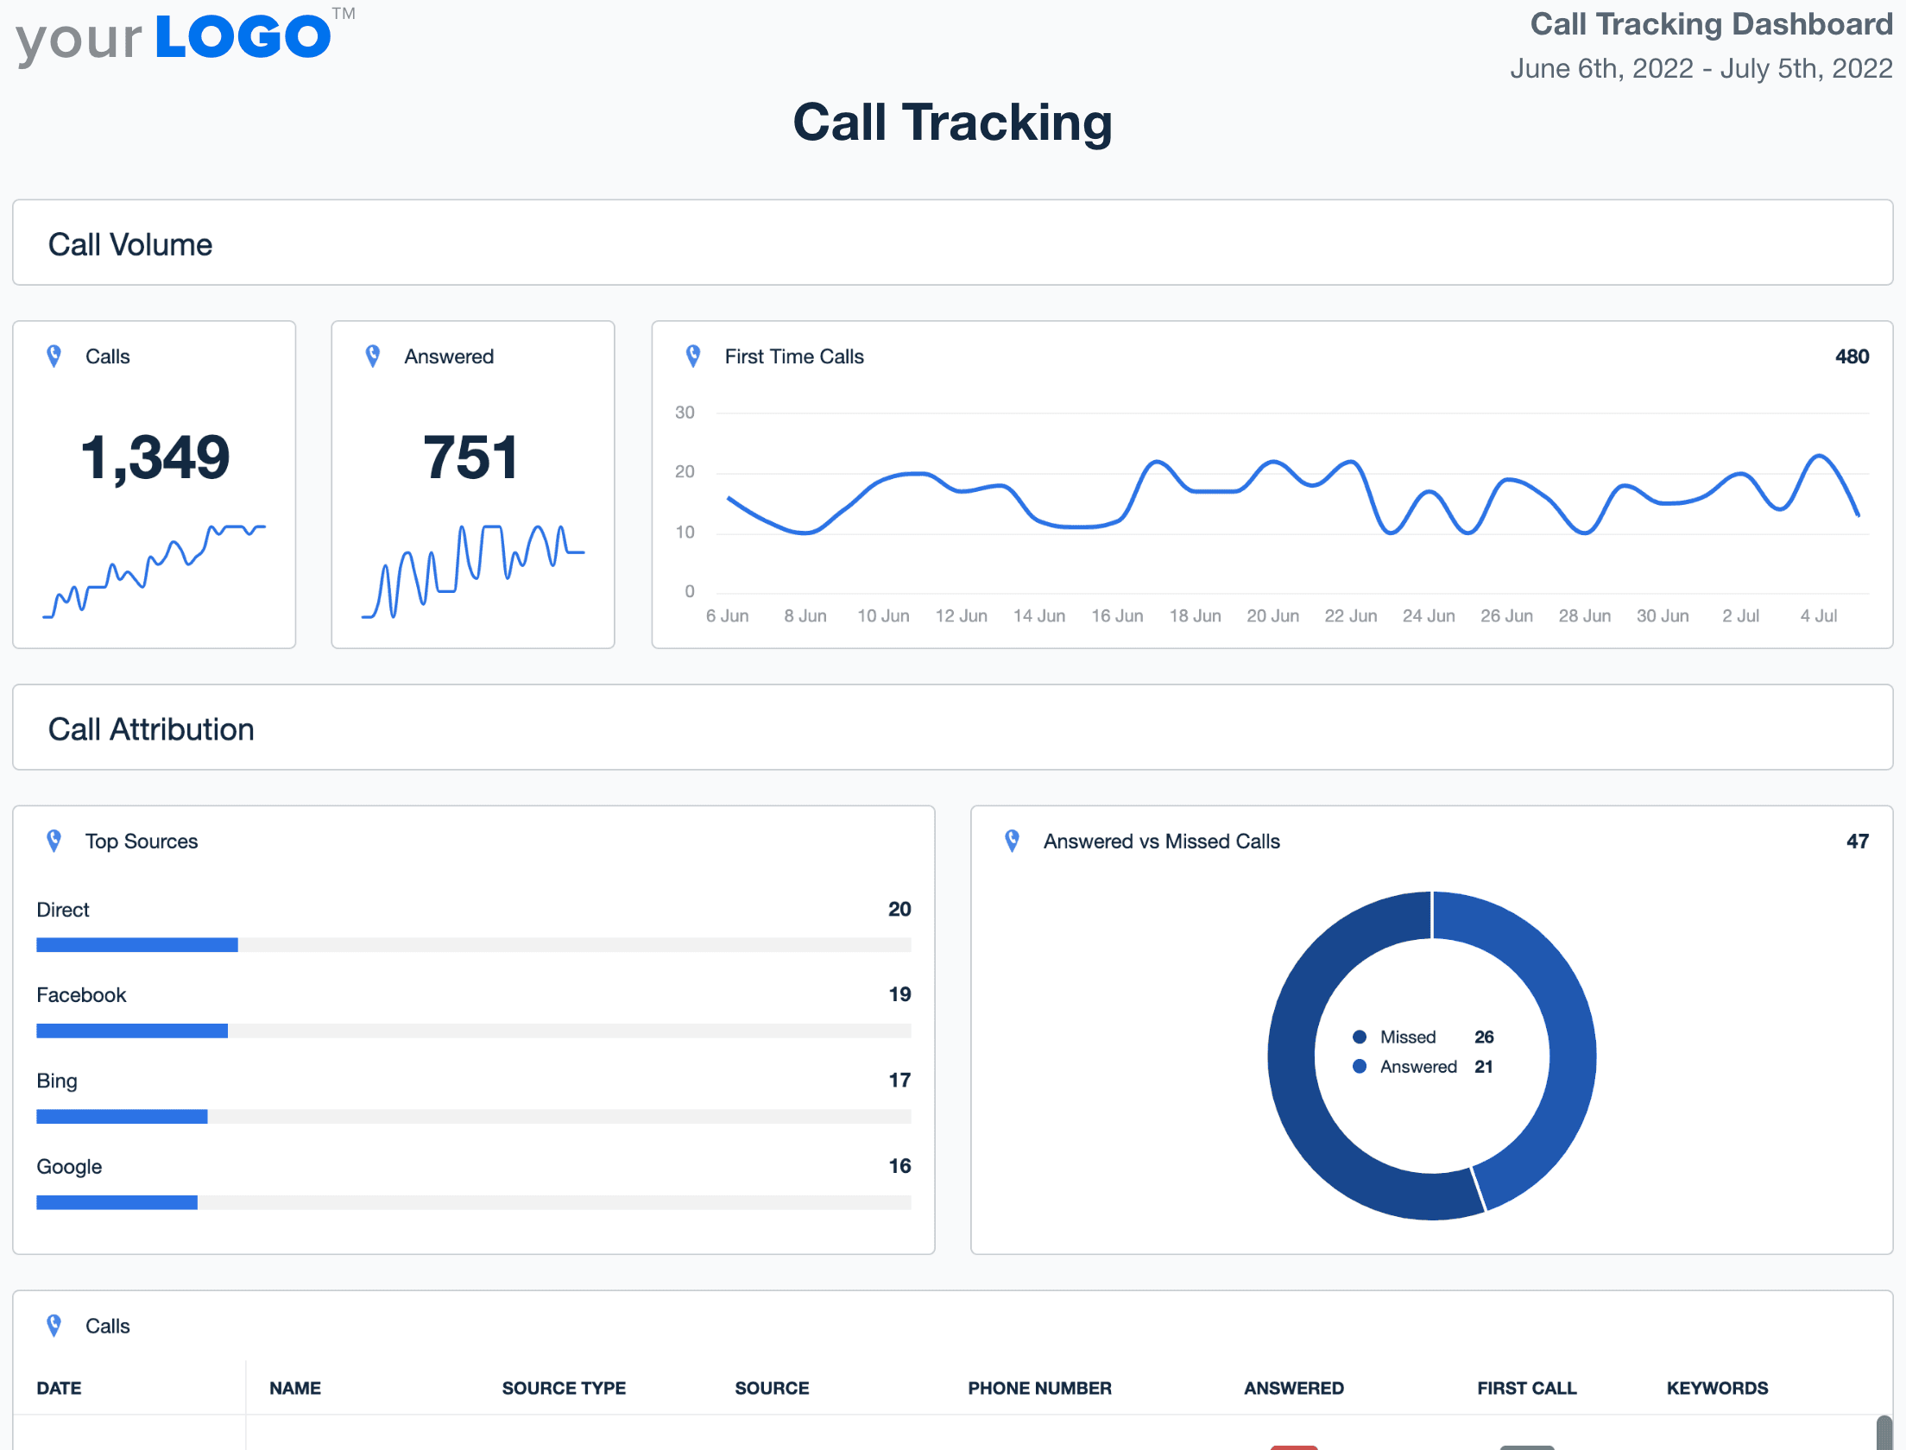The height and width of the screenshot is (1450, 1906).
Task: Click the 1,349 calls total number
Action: pyautogui.click(x=155, y=457)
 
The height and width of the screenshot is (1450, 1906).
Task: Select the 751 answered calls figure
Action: pyautogui.click(x=471, y=457)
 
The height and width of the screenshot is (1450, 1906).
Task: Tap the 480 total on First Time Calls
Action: pyautogui.click(x=1851, y=356)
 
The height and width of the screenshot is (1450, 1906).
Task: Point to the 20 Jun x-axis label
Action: pyautogui.click(x=1272, y=616)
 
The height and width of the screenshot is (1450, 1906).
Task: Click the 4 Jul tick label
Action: pyautogui.click(x=1818, y=616)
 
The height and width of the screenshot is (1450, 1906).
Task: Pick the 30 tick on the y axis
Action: pyautogui.click(x=685, y=413)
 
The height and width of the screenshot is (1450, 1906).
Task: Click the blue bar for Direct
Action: pyautogui.click(x=136, y=945)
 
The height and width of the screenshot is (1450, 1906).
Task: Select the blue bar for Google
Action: pyautogui.click(x=117, y=1202)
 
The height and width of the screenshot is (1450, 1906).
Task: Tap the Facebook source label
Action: pyautogui.click(x=81, y=995)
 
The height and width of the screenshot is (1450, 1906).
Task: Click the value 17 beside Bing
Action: pyautogui.click(x=899, y=1080)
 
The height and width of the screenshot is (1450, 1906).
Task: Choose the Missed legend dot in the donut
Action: pyautogui.click(x=1360, y=1037)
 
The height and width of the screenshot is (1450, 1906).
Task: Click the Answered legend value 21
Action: pyautogui.click(x=1483, y=1067)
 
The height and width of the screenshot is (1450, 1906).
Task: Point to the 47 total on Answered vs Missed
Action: pyautogui.click(x=1857, y=842)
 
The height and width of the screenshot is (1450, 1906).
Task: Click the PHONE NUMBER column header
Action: pyautogui.click(x=1039, y=1388)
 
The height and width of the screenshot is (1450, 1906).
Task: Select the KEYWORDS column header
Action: pyautogui.click(x=1717, y=1388)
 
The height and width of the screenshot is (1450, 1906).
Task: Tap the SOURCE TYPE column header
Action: pyautogui.click(x=564, y=1388)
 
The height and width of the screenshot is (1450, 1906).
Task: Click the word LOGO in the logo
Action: pyautogui.click(x=243, y=36)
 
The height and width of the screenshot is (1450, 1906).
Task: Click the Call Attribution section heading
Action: pyautogui.click(x=151, y=729)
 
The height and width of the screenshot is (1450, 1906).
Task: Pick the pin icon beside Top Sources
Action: pyautogui.click(x=54, y=841)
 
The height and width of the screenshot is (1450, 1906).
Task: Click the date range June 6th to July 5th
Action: pyautogui.click(x=1701, y=68)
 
